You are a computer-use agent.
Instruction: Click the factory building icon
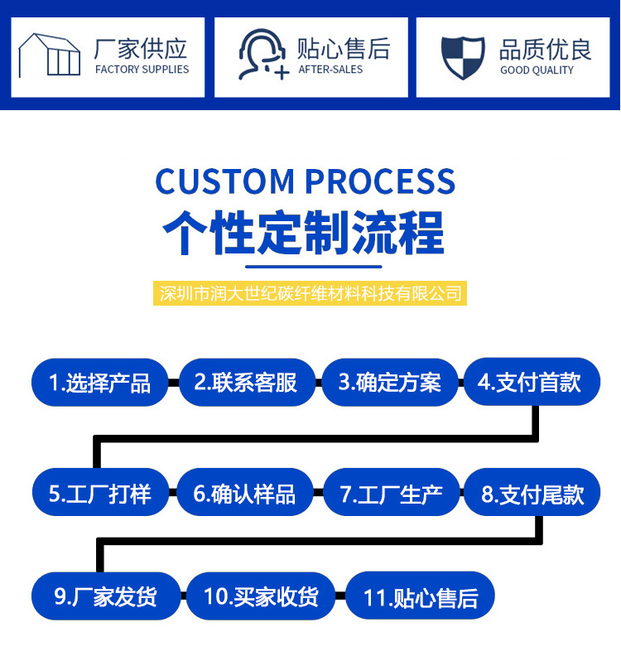pos(50,55)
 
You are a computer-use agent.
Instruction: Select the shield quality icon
pos(463,56)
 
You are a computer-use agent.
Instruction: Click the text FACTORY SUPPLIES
pos(142,70)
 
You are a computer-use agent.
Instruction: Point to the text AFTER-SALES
pos(330,70)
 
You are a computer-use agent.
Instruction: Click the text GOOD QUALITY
pos(537,70)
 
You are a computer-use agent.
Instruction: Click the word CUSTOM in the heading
pos(224,181)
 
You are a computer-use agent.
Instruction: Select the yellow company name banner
pos(310,293)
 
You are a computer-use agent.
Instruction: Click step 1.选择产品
pos(99,383)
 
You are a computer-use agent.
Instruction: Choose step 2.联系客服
pos(246,383)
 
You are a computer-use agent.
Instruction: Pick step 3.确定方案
pos(389,383)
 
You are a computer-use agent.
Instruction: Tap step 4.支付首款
pos(530,382)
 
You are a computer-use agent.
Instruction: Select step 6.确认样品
pos(244,494)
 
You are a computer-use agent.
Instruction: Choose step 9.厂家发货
pos(106,596)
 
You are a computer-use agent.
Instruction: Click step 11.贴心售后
pos(421,597)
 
